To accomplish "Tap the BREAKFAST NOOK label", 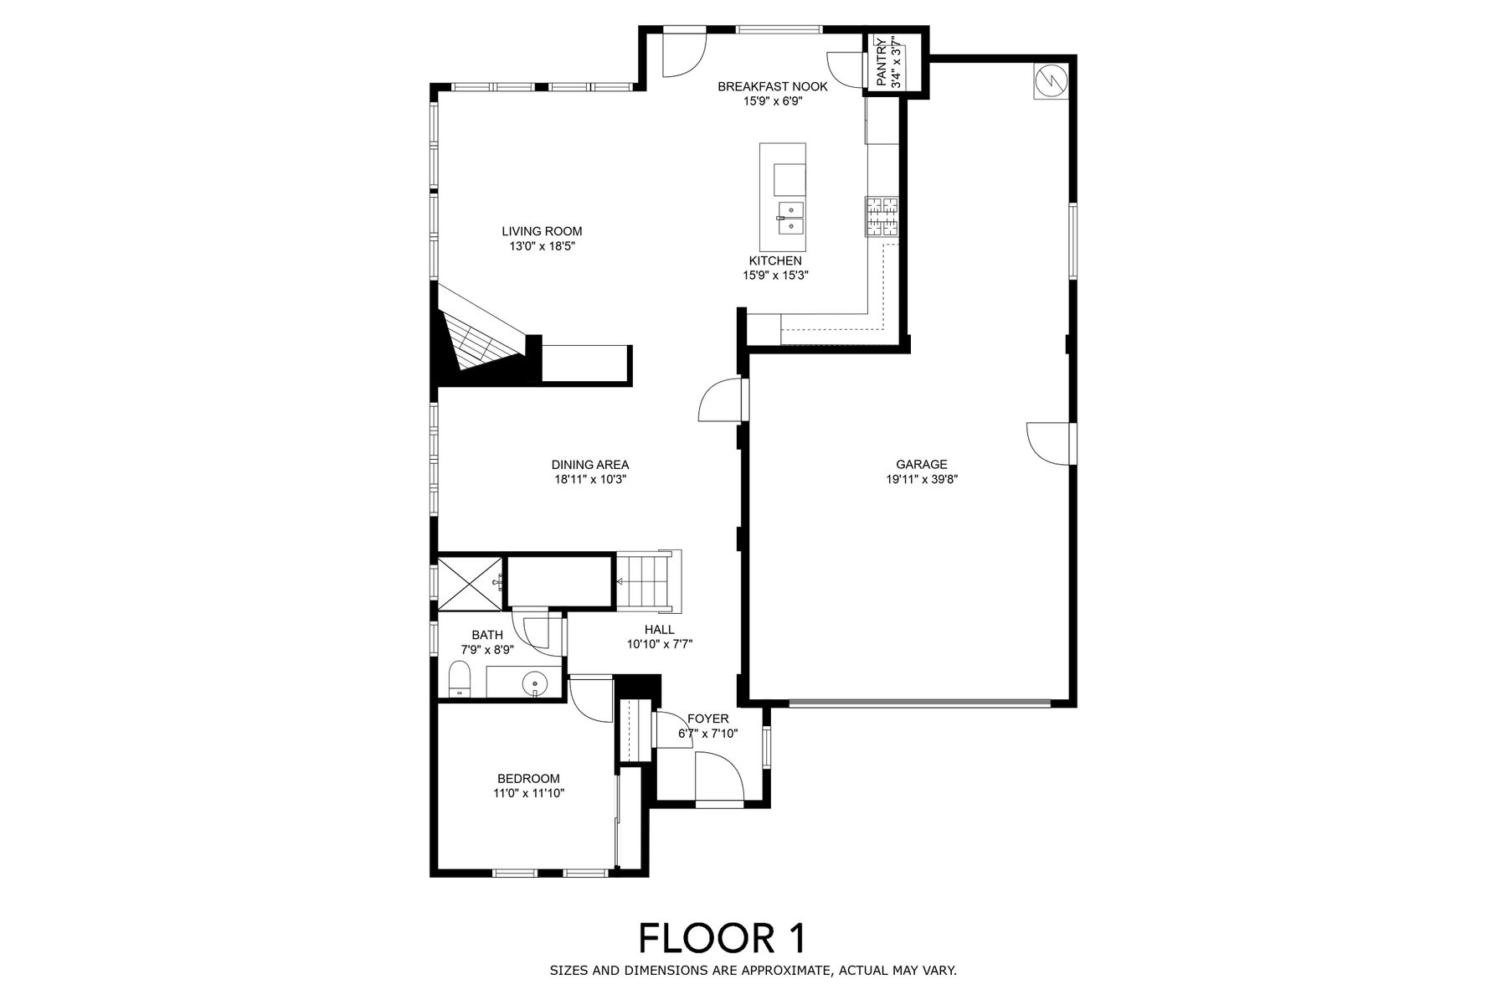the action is point(773,86).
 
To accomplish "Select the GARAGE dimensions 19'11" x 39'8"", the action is point(922,480).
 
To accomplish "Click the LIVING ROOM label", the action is point(542,231).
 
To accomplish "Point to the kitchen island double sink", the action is point(790,217).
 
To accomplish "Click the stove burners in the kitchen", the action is point(881,217).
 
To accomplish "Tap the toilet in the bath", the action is point(460,679).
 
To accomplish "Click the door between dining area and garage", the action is point(719,400).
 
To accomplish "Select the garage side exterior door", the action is point(1047,443).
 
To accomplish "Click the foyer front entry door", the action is point(719,777).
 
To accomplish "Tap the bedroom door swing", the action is point(591,700).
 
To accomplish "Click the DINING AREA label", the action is point(590,465).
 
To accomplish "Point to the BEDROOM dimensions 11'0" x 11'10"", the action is point(529,793).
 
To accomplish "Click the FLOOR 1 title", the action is point(722,938).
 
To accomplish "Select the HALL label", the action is point(660,630).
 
